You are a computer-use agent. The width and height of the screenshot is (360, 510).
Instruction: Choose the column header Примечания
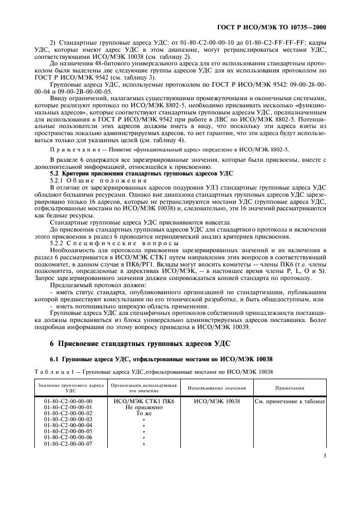(x=289, y=388)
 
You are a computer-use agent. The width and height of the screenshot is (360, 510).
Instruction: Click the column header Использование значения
(x=217, y=388)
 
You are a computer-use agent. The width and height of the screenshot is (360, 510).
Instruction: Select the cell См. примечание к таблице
(x=290, y=401)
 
